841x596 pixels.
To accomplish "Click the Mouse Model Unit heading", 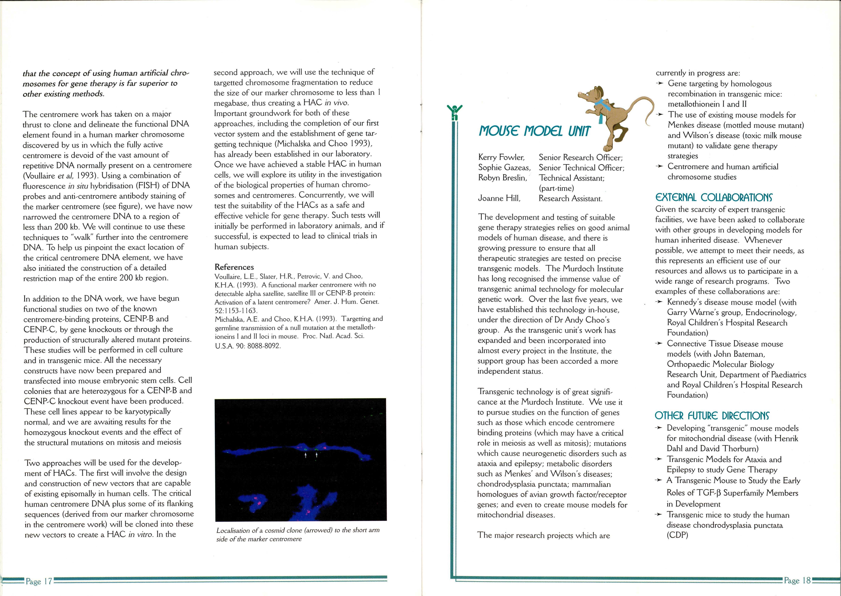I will click(535, 131).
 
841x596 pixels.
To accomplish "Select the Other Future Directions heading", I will click(712, 416).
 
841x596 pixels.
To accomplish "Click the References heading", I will click(234, 267).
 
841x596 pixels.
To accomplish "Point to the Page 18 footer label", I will click(797, 580).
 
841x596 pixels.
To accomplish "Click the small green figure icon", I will click(455, 112).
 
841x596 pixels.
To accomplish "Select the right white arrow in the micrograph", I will click(316, 455).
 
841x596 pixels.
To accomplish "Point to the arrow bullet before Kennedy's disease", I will click(660, 302).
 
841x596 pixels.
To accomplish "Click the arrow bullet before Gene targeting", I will click(660, 84).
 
